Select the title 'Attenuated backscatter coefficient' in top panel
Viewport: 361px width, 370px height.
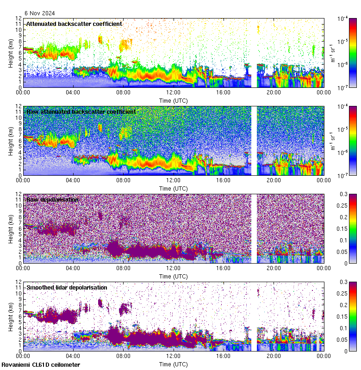(74, 24)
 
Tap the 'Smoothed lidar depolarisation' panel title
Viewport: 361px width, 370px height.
(67, 287)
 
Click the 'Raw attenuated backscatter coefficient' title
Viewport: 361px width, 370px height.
(81, 111)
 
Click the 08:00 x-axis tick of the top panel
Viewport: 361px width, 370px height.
(123, 92)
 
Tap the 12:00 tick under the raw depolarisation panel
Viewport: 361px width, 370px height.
(174, 268)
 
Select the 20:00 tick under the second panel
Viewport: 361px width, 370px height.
(274, 180)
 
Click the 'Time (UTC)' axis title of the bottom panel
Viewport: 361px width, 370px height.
(174, 364)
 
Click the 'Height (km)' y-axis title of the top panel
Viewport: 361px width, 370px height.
(11, 53)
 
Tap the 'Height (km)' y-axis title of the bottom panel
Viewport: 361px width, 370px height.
(11, 316)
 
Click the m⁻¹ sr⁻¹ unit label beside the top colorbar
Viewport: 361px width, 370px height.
(332, 53)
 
